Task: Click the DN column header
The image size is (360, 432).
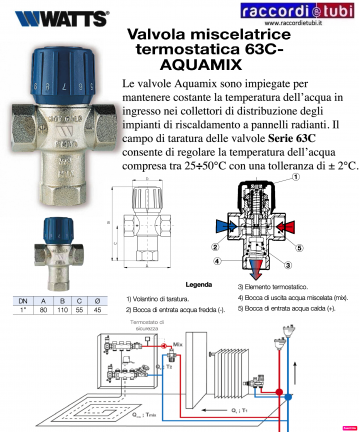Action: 22,299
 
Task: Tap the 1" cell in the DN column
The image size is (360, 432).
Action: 22,308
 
